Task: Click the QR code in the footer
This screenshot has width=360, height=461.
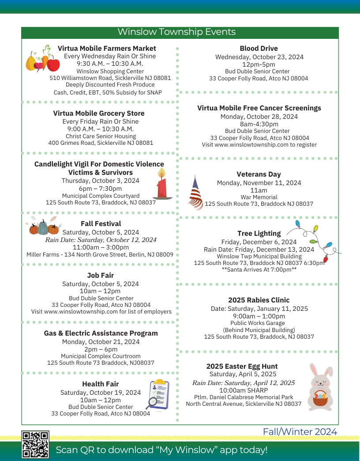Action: click(x=35, y=445)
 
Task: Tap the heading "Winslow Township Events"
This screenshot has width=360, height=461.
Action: click(x=176, y=32)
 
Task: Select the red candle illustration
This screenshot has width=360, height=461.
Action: click(x=162, y=185)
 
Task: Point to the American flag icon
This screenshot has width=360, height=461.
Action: click(x=195, y=193)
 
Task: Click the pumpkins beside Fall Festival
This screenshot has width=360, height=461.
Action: click(x=44, y=227)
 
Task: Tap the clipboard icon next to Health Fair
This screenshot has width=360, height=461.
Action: click(x=158, y=394)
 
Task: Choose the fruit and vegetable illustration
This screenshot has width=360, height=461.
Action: click(x=42, y=59)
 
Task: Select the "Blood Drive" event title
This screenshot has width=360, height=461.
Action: click(x=259, y=49)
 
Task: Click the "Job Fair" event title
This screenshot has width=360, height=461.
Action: click(x=100, y=276)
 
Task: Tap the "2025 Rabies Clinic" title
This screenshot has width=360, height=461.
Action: click(x=259, y=300)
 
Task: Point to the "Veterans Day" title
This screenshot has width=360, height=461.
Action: click(x=259, y=174)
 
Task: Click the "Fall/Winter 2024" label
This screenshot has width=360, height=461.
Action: click(x=300, y=432)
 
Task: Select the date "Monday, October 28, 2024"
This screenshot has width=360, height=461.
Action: click(x=259, y=117)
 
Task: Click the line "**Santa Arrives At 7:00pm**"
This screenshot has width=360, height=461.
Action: click(x=259, y=270)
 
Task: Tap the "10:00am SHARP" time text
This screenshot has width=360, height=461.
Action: click(x=243, y=390)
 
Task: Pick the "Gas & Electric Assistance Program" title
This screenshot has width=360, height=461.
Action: click(x=101, y=333)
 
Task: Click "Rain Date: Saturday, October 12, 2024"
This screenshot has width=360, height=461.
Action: click(x=101, y=240)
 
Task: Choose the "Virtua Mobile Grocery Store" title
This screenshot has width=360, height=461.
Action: click(x=99, y=113)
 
